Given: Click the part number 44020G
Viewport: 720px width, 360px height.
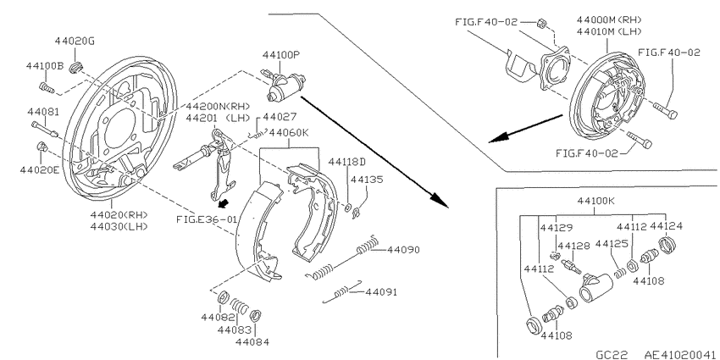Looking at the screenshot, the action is (x=75, y=42).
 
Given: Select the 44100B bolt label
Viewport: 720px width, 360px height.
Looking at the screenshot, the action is (x=45, y=66).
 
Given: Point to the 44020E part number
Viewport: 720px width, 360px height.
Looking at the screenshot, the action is (x=40, y=170).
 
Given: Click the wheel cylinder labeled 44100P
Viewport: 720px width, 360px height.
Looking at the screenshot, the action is (x=285, y=87).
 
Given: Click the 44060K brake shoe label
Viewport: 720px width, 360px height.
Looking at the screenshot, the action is (x=290, y=133).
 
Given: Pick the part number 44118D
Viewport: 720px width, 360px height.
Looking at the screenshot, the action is (x=347, y=162).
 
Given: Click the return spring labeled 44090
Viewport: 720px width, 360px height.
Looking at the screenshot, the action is (x=342, y=258).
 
